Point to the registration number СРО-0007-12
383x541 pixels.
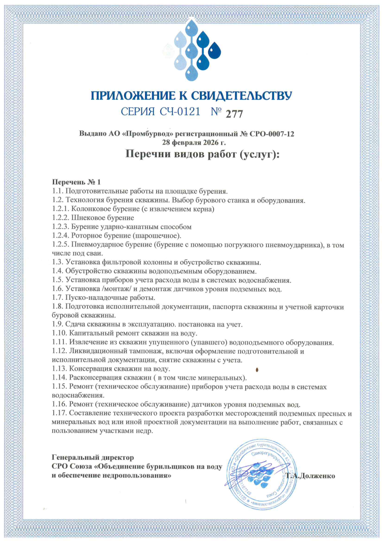(269, 134)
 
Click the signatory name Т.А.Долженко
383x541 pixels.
(312, 476)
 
